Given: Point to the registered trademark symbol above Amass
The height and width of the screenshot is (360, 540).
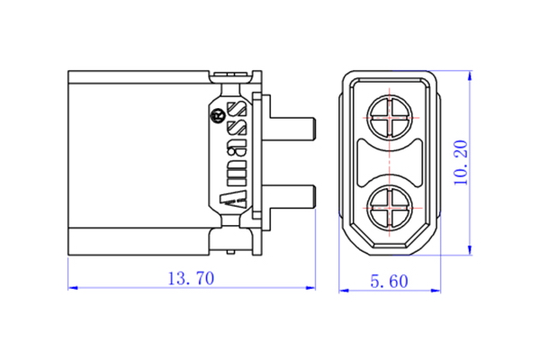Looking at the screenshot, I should pos(217,114).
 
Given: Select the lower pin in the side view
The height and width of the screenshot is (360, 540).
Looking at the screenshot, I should pos(292,196).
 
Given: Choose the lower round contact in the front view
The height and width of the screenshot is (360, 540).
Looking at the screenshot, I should pos(388,209).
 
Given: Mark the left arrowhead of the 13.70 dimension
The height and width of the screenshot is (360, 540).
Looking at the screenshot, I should pos(73,289).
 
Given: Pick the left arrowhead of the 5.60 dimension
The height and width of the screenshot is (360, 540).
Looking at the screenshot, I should pos(343,290).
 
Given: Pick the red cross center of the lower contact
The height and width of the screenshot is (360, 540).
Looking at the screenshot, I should pos(388,209).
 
